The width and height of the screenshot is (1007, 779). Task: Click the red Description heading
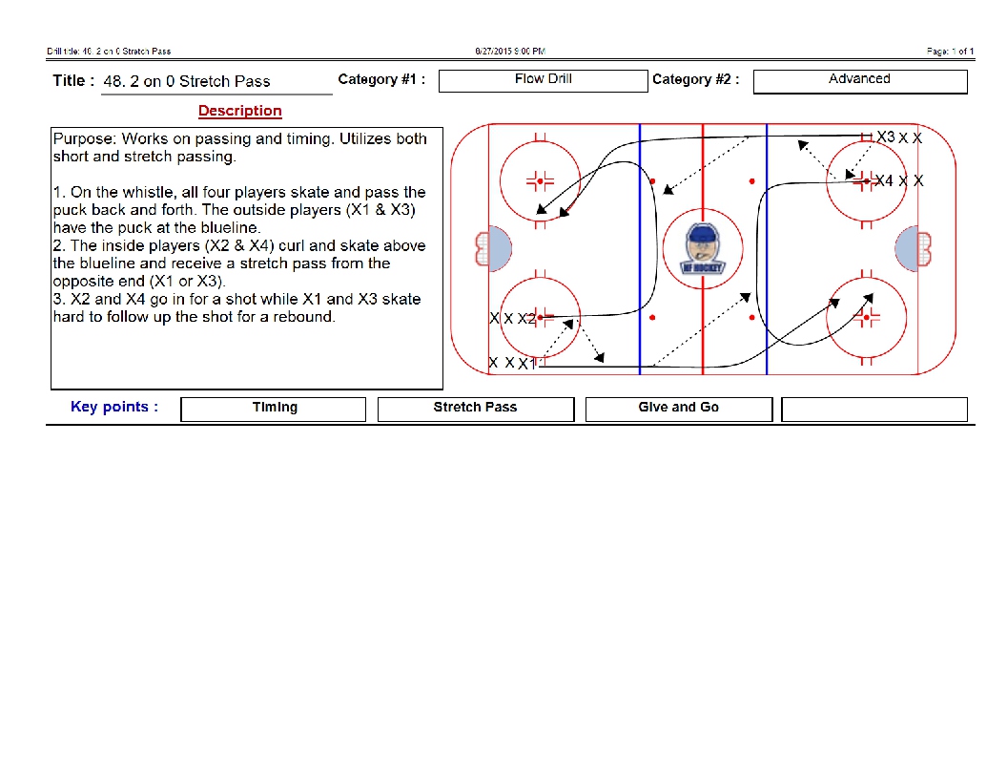pyautogui.click(x=240, y=111)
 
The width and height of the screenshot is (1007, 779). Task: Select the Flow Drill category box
pyautogui.click(x=543, y=80)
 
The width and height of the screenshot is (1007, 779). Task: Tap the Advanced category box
pyautogui.click(x=859, y=80)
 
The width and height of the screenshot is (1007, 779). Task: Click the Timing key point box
pyautogui.click(x=274, y=409)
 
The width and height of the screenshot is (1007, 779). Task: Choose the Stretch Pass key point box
pyautogui.click(x=475, y=409)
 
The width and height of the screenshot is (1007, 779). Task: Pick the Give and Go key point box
pyautogui.click(x=678, y=409)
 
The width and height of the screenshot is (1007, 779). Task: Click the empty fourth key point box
pyautogui.click(x=873, y=409)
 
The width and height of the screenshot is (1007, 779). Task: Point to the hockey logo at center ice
pyautogui.click(x=703, y=248)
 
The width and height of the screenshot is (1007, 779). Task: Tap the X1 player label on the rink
pyautogui.click(x=527, y=363)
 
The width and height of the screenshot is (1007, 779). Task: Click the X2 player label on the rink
pyautogui.click(x=526, y=318)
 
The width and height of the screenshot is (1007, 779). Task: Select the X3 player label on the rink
pyautogui.click(x=886, y=137)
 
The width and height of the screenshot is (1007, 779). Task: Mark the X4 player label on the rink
pyautogui.click(x=884, y=180)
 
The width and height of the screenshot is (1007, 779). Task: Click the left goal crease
pyautogui.click(x=499, y=249)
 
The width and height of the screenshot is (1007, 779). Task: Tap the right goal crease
pyautogui.click(x=907, y=249)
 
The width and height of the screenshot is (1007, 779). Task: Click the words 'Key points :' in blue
pyautogui.click(x=114, y=407)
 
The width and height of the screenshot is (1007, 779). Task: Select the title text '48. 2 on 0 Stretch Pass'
pyautogui.click(x=187, y=82)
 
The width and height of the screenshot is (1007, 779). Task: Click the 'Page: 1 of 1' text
pyautogui.click(x=950, y=51)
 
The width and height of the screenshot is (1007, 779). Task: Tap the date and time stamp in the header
pyautogui.click(x=510, y=51)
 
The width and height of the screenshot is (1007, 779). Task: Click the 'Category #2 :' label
pyautogui.click(x=695, y=80)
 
